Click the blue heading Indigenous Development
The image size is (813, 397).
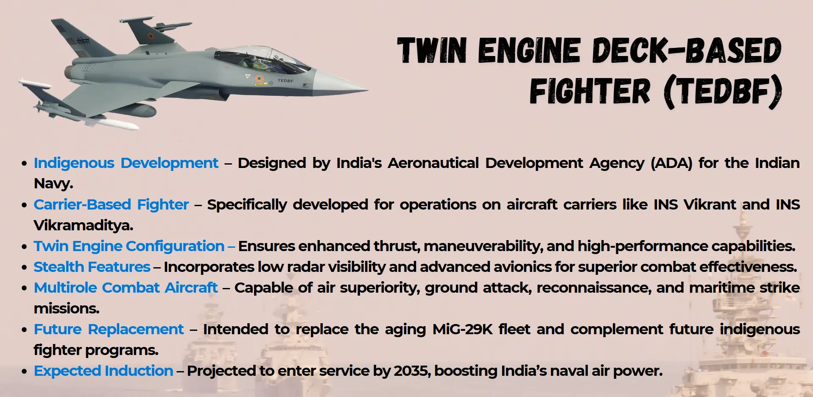(x=126, y=163)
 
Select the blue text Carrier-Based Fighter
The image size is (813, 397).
(x=111, y=205)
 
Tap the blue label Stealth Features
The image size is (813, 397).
(x=92, y=267)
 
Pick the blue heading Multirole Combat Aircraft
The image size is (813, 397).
(x=126, y=288)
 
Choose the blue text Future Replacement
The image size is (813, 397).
(x=109, y=329)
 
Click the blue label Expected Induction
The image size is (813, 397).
(x=103, y=371)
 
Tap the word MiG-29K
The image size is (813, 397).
(x=462, y=329)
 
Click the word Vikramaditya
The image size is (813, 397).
(x=83, y=225)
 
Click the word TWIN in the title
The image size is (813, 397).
(x=432, y=50)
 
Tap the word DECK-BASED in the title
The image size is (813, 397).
(x=686, y=50)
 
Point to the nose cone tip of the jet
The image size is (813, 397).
(x=367, y=90)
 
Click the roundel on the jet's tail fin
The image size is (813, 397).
(x=151, y=36)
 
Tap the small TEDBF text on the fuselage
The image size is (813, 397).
(x=285, y=80)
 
